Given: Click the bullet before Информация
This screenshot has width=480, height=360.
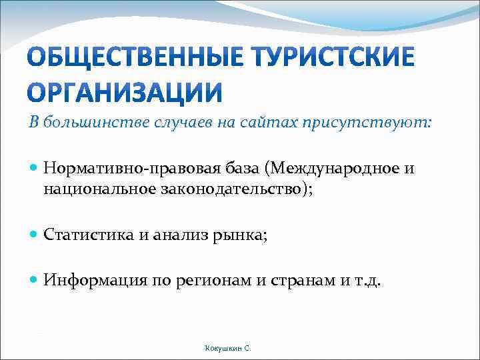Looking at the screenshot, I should pyautogui.click(x=35, y=281).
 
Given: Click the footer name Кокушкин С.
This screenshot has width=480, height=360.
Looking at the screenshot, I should pyautogui.click(x=228, y=348).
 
